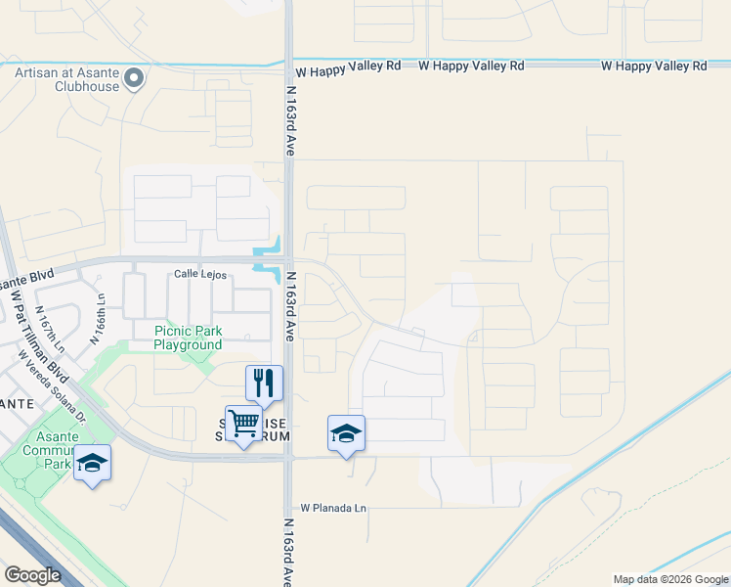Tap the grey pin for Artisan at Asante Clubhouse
coord(135,77)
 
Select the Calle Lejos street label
coord(199,275)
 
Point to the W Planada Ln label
coord(333,508)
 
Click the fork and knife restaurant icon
coord(264,383)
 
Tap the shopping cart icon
coord(243,424)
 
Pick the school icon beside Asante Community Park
coord(92,463)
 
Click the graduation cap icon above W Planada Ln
coord(346,433)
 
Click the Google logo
coord(32,575)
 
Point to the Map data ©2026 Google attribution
coord(670,579)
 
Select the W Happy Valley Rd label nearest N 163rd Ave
coord(348,71)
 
